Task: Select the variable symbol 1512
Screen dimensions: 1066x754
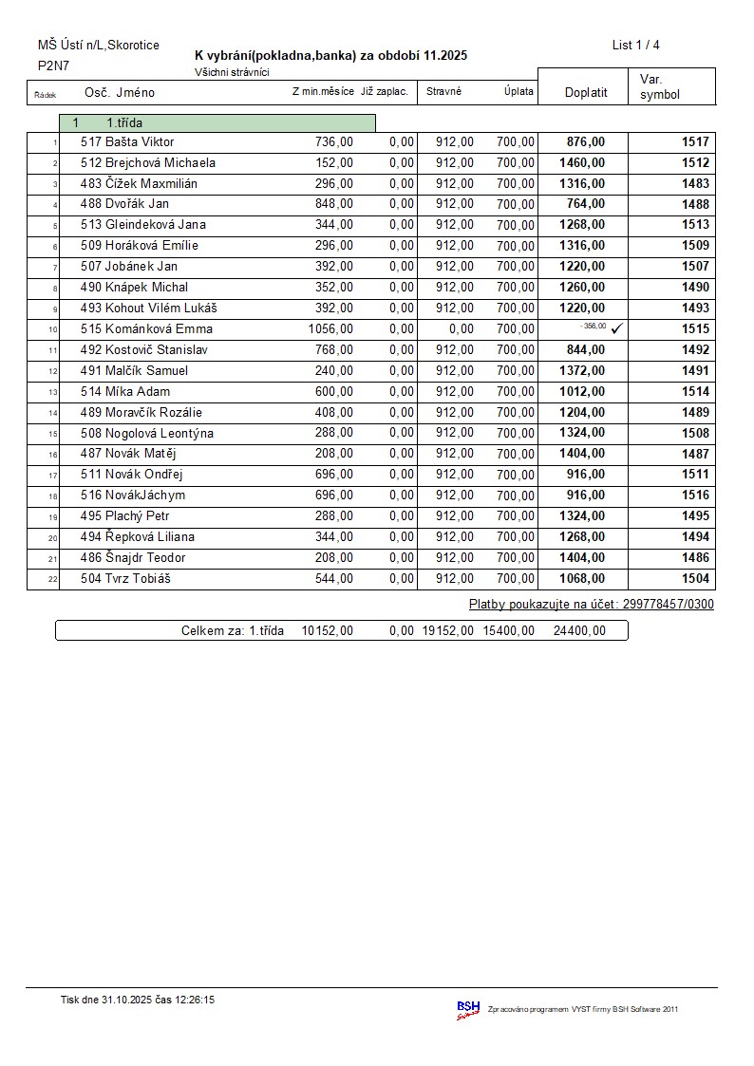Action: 695,163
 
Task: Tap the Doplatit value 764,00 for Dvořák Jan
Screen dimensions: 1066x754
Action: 585,204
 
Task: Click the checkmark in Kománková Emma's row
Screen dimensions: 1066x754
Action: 616,328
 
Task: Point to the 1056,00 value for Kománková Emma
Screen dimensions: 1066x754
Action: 330,329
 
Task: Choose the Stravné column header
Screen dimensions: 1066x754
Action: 443,92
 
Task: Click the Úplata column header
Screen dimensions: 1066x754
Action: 518,92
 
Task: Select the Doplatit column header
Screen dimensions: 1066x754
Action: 586,93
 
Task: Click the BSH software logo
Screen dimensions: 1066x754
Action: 468,1009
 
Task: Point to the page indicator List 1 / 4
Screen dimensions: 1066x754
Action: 635,46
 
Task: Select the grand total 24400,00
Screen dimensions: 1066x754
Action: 578,630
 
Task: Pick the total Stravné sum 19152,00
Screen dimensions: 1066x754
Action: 447,630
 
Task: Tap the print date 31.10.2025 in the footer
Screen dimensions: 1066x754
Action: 133,1000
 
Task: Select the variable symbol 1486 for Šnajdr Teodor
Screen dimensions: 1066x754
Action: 695,558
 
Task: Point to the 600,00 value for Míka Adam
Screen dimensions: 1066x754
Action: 334,392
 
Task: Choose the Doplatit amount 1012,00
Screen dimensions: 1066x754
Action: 582,392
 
